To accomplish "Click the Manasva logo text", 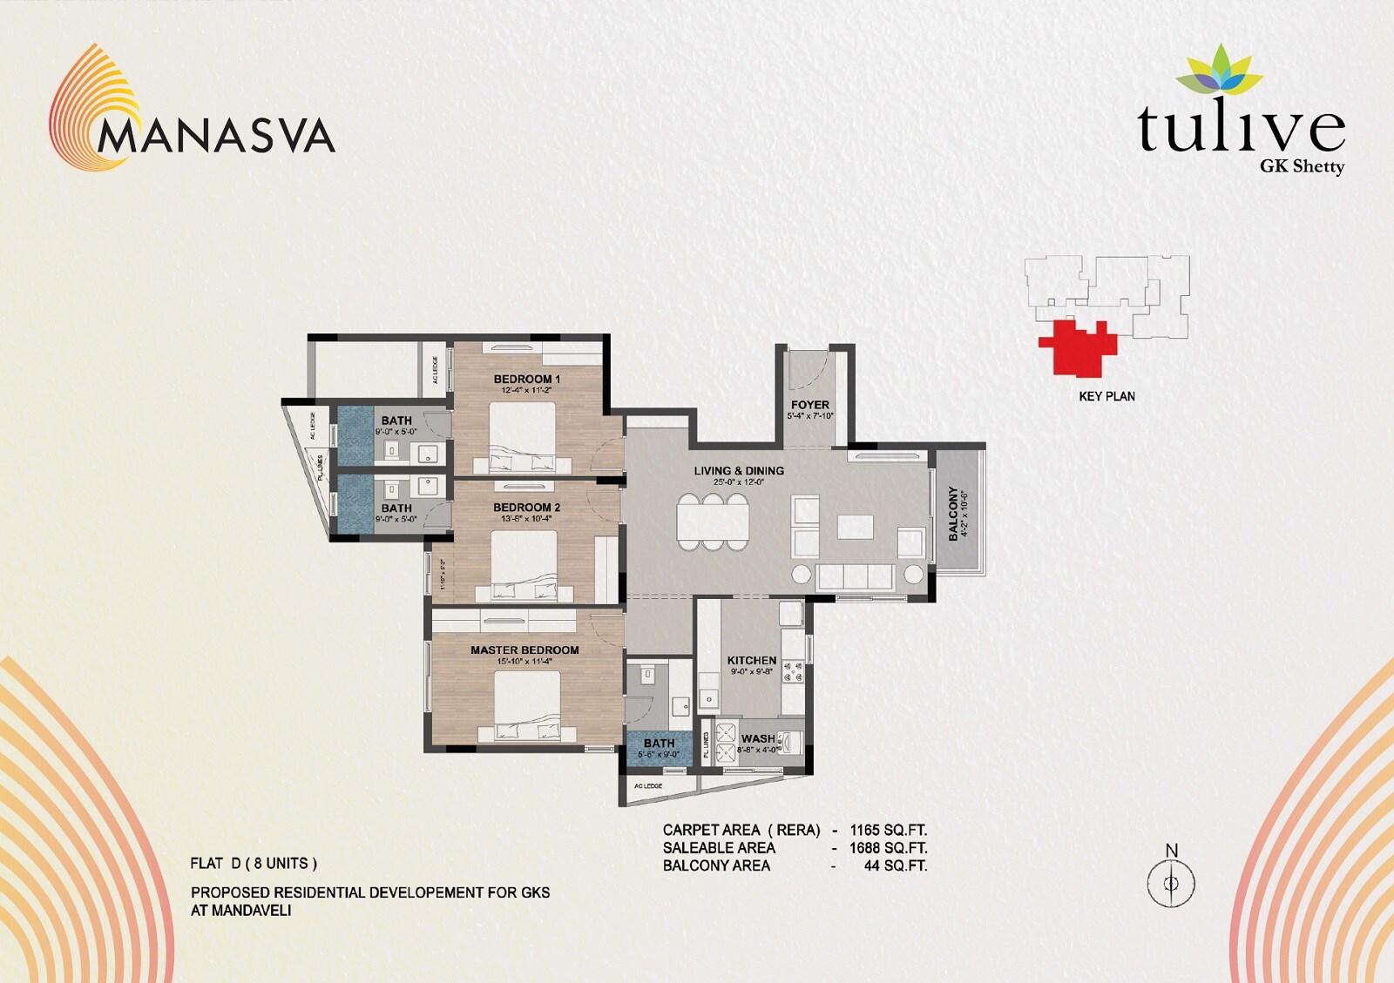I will (216, 136).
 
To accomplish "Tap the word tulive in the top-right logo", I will (1241, 129).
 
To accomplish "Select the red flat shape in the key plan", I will (1079, 347).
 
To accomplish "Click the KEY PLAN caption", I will (1106, 396).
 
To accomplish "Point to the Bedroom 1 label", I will (526, 379).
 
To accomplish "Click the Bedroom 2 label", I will (526, 507).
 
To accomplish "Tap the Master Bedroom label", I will (524, 650).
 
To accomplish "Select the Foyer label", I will (809, 405).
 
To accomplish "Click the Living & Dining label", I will (739, 471).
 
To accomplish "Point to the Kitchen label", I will (751, 661).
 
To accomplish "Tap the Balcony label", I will (953, 514).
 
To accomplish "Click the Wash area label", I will (757, 738).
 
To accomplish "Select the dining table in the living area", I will (713, 522).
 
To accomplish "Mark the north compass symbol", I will (1171, 882).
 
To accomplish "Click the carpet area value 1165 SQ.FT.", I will (888, 830).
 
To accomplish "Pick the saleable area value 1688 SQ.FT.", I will (888, 847).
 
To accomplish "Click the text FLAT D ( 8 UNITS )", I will (254, 864).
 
